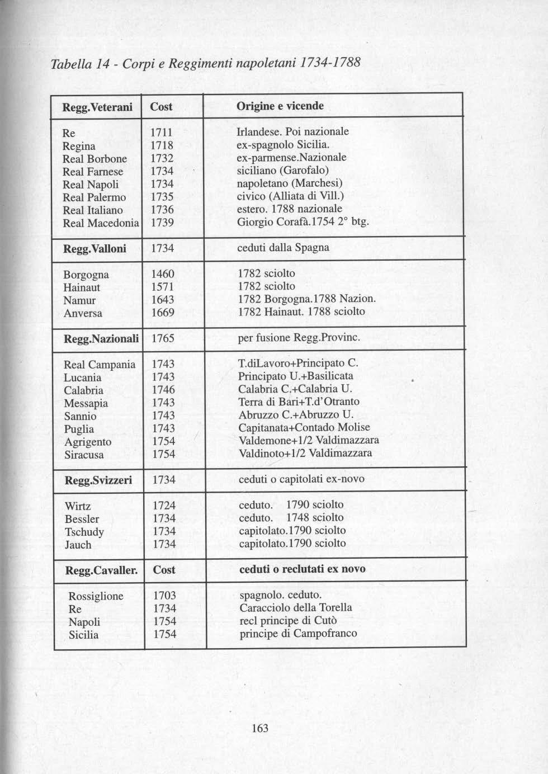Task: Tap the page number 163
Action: click(260, 728)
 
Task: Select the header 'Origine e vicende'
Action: click(280, 106)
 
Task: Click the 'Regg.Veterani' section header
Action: click(97, 107)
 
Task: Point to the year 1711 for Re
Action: click(162, 133)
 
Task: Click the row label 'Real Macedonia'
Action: click(101, 223)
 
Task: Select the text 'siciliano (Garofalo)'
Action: click(282, 170)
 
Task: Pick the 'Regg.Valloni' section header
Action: click(95, 249)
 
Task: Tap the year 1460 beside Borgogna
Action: click(163, 274)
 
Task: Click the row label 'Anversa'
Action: click(83, 313)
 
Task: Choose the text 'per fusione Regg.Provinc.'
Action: click(299, 338)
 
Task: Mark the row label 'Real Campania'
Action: click(100, 365)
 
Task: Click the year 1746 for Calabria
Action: click(163, 390)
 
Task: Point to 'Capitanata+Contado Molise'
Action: click(304, 428)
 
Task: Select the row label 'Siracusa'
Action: click(84, 455)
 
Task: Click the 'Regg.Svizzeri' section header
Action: click(98, 480)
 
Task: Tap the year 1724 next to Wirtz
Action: click(164, 506)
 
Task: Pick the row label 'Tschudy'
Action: click(84, 532)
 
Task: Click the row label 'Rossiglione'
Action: click(96, 596)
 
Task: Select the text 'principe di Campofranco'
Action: click(298, 634)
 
